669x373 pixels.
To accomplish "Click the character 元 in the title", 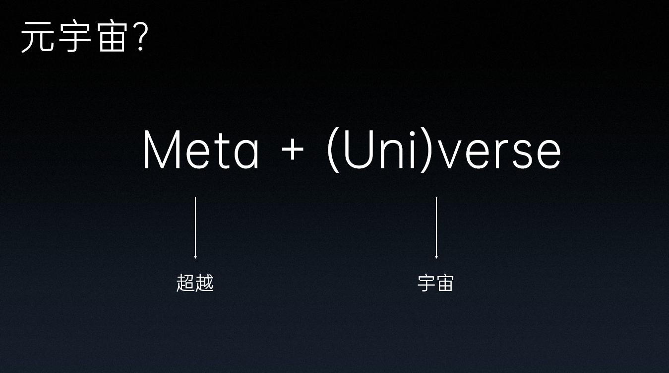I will [x=38, y=38].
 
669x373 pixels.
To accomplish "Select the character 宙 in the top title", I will [x=112, y=38].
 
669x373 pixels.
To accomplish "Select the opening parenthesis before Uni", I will [x=333, y=149].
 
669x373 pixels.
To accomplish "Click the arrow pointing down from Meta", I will [x=195, y=228].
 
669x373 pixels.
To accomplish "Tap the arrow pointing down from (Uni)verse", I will [x=436, y=228].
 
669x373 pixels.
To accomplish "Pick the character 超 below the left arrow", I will [x=185, y=284].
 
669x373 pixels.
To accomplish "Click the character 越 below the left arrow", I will [x=204, y=284].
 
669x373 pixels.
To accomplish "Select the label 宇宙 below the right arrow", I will [x=435, y=284].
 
